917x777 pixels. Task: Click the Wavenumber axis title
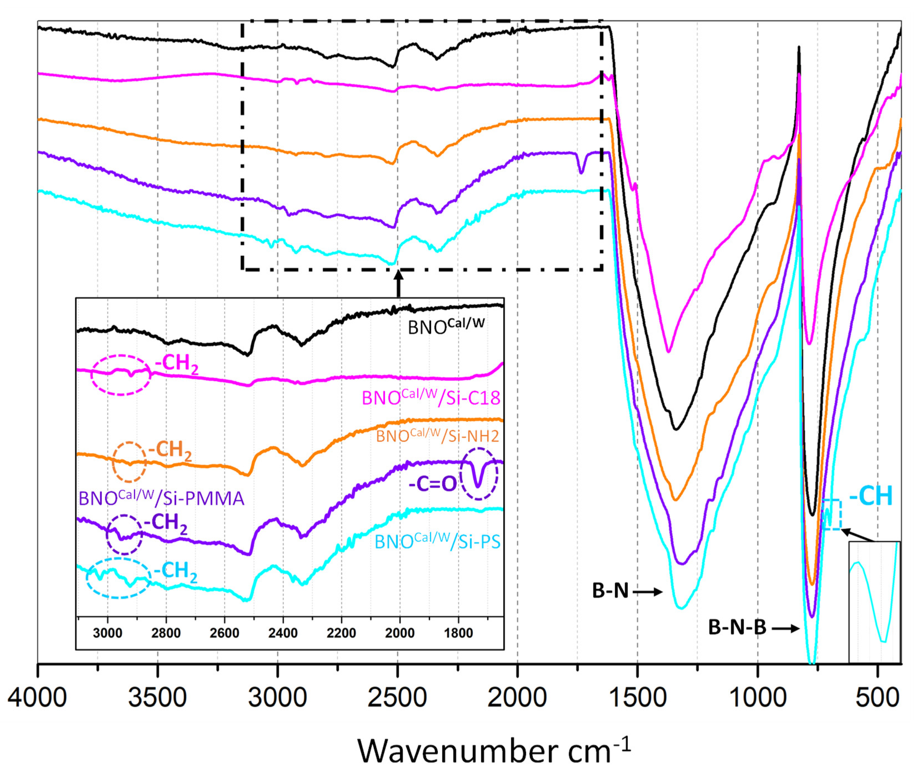click(x=493, y=751)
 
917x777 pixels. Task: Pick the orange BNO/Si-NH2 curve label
click(x=437, y=436)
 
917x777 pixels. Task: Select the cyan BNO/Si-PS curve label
click(x=437, y=541)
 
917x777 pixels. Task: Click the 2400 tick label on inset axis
click(x=283, y=633)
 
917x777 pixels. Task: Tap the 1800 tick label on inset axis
click(x=458, y=633)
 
